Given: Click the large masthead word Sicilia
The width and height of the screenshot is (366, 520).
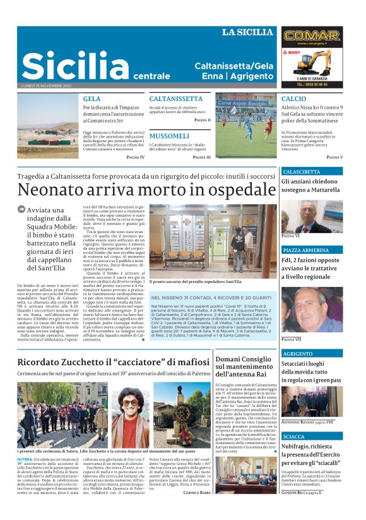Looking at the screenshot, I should (66, 66).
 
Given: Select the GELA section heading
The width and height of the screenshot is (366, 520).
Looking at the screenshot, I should (92, 99).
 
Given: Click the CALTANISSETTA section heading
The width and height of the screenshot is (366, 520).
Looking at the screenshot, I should (175, 99).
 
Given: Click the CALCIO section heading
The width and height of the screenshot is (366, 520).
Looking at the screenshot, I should (293, 99).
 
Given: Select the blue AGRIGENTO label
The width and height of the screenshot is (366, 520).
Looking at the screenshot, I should (298, 354).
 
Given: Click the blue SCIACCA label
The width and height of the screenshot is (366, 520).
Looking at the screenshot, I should (294, 437).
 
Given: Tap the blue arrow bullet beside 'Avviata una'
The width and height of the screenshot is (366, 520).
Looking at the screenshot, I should (21, 210).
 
